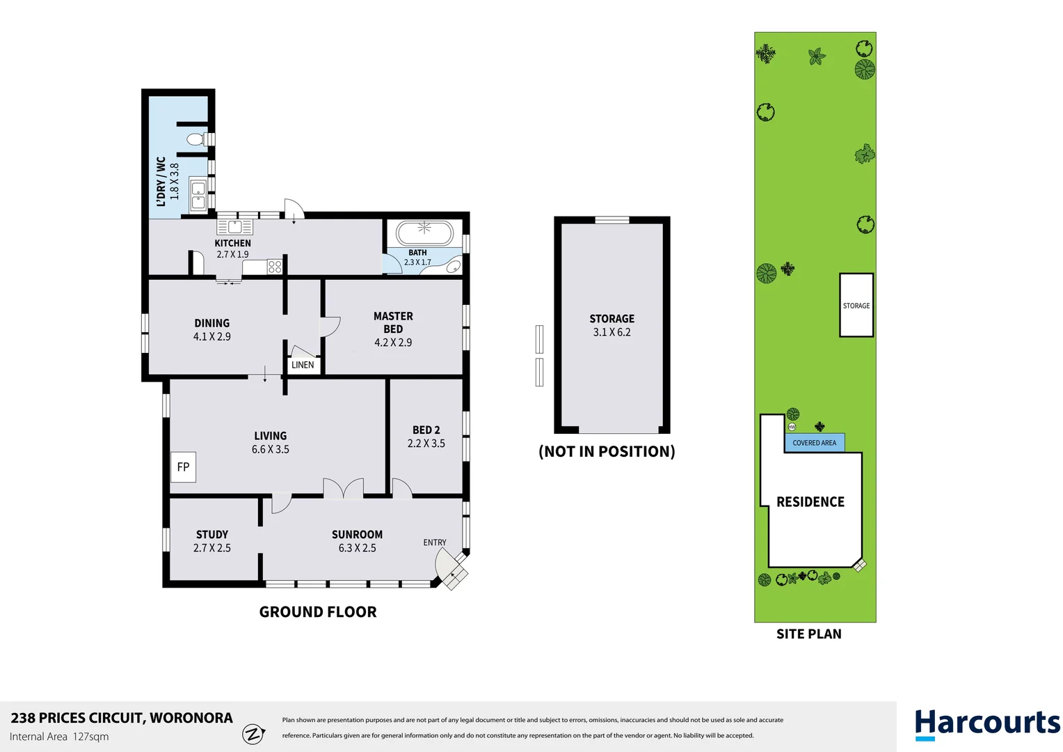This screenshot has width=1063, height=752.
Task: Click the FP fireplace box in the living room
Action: pos(183,467)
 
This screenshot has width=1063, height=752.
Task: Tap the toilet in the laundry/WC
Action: pos(198,140)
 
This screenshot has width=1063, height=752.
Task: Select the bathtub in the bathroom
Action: pos(425,233)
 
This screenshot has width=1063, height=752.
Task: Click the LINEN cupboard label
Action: pos(303,365)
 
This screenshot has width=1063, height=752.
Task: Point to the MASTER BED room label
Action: pos(393,322)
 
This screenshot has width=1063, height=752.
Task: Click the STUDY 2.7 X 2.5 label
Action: pos(212,541)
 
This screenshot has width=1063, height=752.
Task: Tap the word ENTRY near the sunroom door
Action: pos(435,542)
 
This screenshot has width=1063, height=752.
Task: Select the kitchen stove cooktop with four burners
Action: pos(275,267)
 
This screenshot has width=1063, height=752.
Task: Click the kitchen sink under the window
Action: pos(235,226)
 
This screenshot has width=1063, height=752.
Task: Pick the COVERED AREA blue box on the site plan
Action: pos(815,442)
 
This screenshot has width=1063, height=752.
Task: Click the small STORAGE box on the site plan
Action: pos(856,305)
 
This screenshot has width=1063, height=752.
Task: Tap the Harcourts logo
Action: pos(987,724)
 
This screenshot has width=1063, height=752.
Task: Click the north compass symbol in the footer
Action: pos(253,734)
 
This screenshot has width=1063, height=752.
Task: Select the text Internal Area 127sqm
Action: pos(59,737)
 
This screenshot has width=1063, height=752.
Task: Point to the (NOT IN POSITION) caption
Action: pos(607,451)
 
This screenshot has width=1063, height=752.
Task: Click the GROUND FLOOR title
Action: pos(318,612)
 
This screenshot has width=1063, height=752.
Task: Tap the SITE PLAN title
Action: pos(809,634)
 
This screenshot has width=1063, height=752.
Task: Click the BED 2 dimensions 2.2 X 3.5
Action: pos(426,444)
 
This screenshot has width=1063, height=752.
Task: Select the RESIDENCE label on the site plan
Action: pos(810,502)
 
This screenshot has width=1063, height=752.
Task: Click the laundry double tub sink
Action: pos(198,194)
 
